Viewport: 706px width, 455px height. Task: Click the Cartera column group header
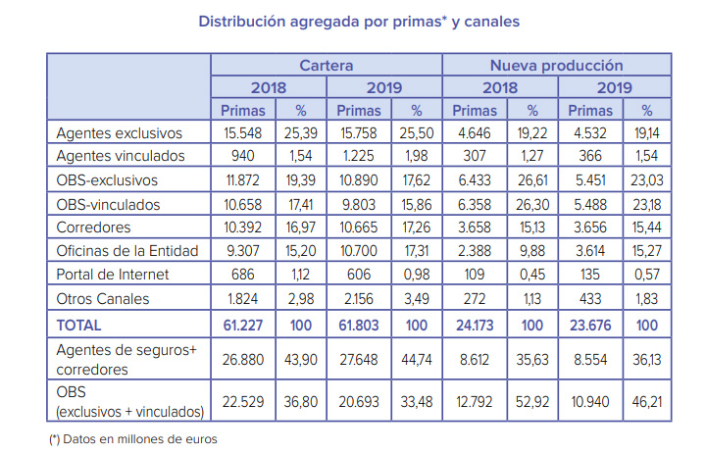pyautogui.click(x=327, y=66)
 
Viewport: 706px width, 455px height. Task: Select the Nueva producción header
pyautogui.click(x=556, y=66)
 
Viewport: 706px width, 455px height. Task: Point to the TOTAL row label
pyautogui.click(x=79, y=324)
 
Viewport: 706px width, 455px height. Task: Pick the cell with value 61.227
pyautogui.click(x=242, y=324)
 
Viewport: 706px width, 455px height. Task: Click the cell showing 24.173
pyautogui.click(x=474, y=324)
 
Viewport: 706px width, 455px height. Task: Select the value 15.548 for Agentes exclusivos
pyautogui.click(x=242, y=132)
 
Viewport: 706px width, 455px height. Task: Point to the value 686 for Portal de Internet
pyautogui.click(x=242, y=274)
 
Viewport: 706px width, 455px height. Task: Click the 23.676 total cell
pyautogui.click(x=589, y=324)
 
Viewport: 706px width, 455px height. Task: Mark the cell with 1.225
pyautogui.click(x=358, y=156)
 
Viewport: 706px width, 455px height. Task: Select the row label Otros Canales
pyautogui.click(x=99, y=297)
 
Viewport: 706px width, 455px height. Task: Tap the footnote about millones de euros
pyautogui.click(x=133, y=439)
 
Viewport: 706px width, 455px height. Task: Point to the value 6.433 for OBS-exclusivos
pyautogui.click(x=474, y=179)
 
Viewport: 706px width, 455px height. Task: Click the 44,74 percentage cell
pyautogui.click(x=417, y=362)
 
